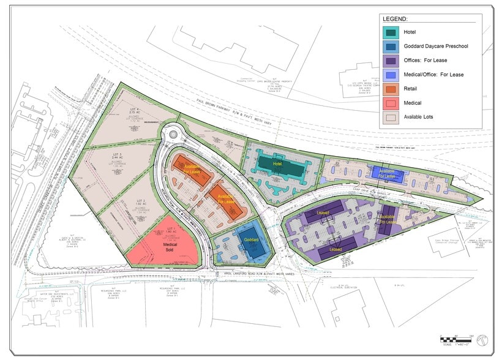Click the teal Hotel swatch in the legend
tap(390, 32)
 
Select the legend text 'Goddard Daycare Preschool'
tap(436, 46)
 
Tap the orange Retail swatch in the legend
tap(390, 89)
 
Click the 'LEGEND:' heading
tap(395, 19)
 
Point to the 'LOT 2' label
tap(140, 201)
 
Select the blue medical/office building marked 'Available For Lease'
tap(388, 174)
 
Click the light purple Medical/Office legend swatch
tap(390, 75)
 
